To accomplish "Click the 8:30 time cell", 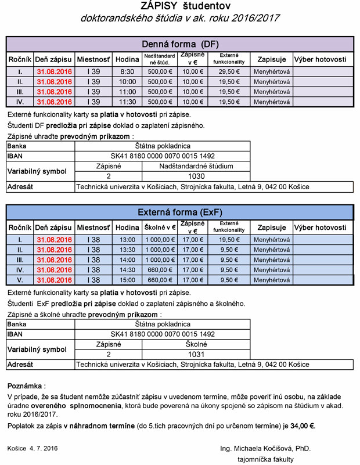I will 127,71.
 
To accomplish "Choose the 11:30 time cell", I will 127,102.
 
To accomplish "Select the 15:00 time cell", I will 127,280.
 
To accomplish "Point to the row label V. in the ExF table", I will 20,280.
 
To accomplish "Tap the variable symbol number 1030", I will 196,176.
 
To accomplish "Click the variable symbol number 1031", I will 196,354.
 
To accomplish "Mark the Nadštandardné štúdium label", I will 196,166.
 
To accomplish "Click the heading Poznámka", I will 26,385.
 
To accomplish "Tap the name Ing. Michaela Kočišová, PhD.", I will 265,449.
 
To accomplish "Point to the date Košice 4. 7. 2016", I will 33,449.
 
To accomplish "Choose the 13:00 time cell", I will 127,240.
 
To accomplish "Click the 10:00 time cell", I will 127,82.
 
